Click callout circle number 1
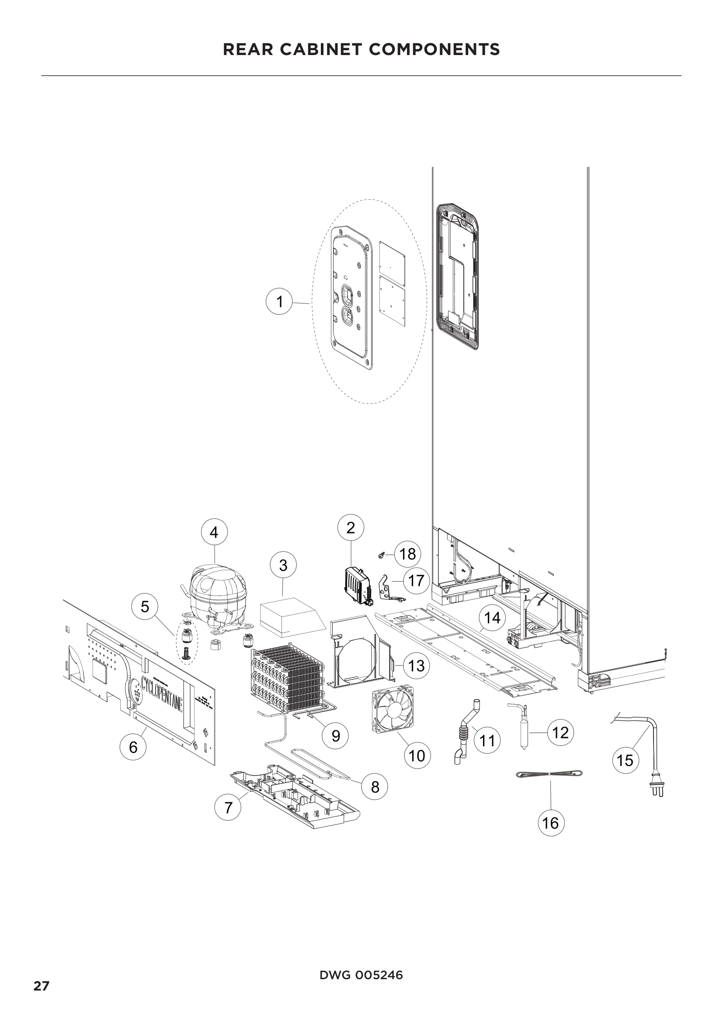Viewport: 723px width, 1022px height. (x=279, y=302)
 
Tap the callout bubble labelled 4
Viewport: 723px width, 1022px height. (x=214, y=532)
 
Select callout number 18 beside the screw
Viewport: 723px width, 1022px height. (x=407, y=554)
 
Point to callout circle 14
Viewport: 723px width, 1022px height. (x=492, y=618)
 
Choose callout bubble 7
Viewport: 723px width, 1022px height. (x=228, y=807)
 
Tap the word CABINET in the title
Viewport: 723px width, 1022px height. (x=324, y=49)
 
